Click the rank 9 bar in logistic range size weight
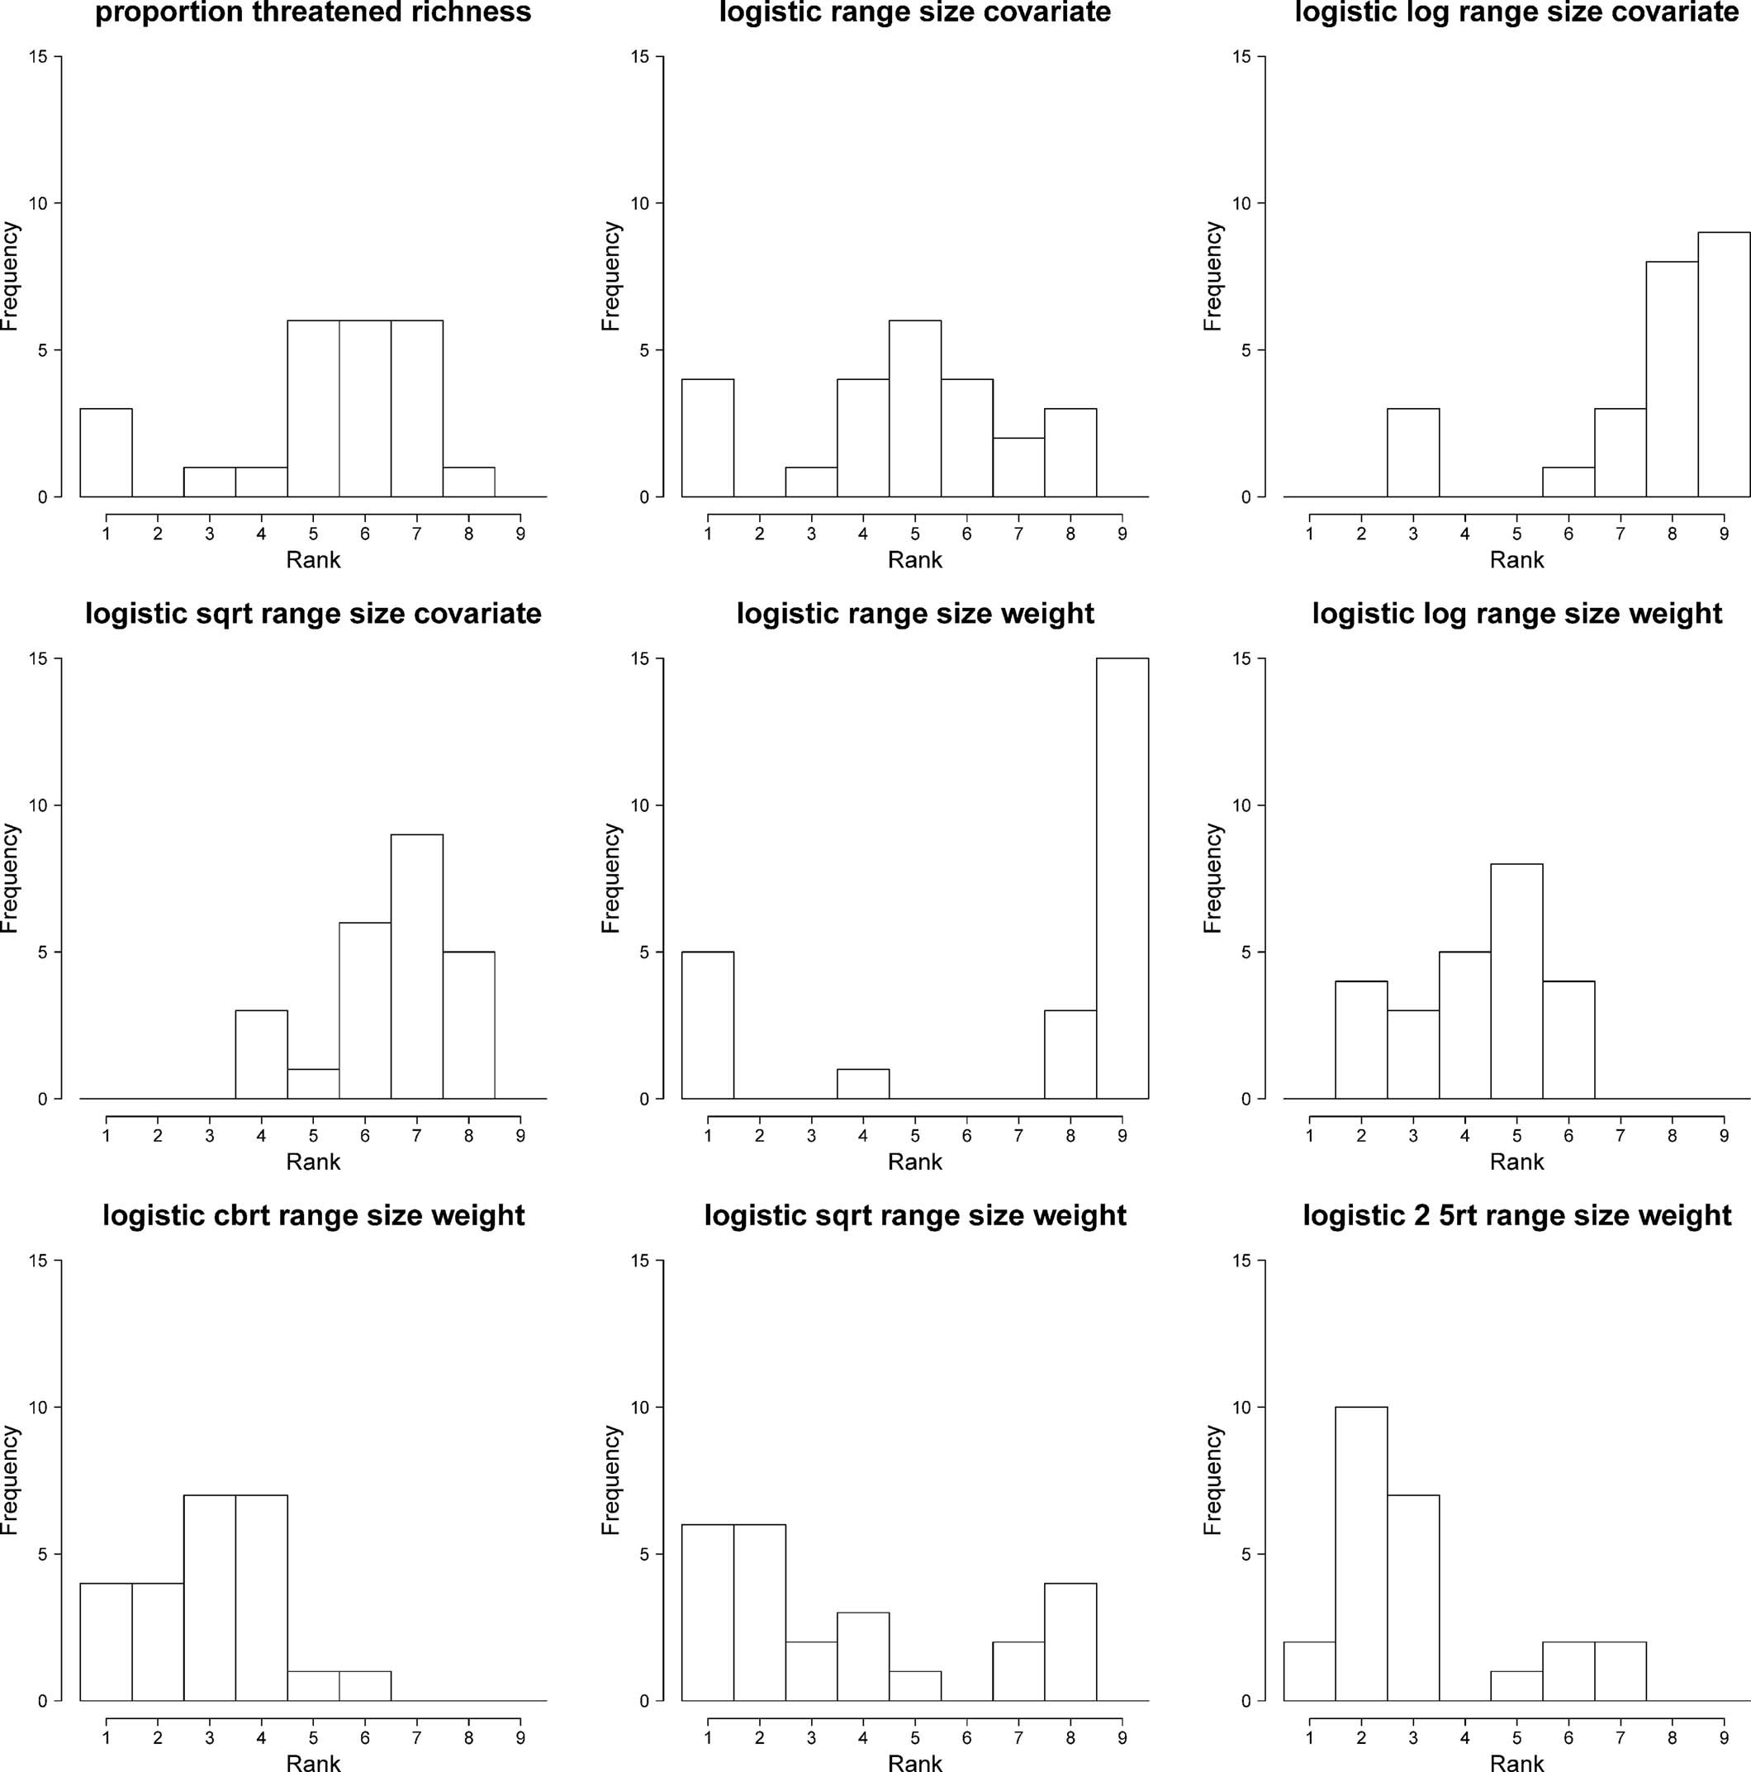click(1122, 878)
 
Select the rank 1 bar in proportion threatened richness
click(106, 452)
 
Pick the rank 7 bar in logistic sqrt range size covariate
click(416, 966)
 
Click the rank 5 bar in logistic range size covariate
click(914, 408)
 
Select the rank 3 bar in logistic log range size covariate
click(1412, 452)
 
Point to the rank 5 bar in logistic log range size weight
click(1516, 981)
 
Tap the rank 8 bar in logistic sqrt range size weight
click(1070, 1641)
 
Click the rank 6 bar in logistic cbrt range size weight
click(365, 1686)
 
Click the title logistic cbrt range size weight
click(313, 1215)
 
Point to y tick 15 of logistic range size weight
click(639, 658)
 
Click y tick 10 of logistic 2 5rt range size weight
click(1241, 1407)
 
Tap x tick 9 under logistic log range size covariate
click(1724, 534)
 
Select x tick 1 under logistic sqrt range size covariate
click(107, 1135)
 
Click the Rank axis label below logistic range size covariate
click(914, 559)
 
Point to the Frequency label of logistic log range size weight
click(1212, 878)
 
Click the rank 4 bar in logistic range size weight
click(862, 1084)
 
